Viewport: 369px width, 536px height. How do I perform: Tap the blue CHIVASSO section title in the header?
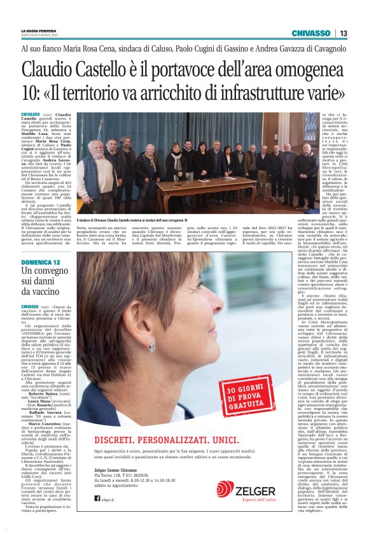[310, 33]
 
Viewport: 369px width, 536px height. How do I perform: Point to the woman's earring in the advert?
[152, 347]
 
